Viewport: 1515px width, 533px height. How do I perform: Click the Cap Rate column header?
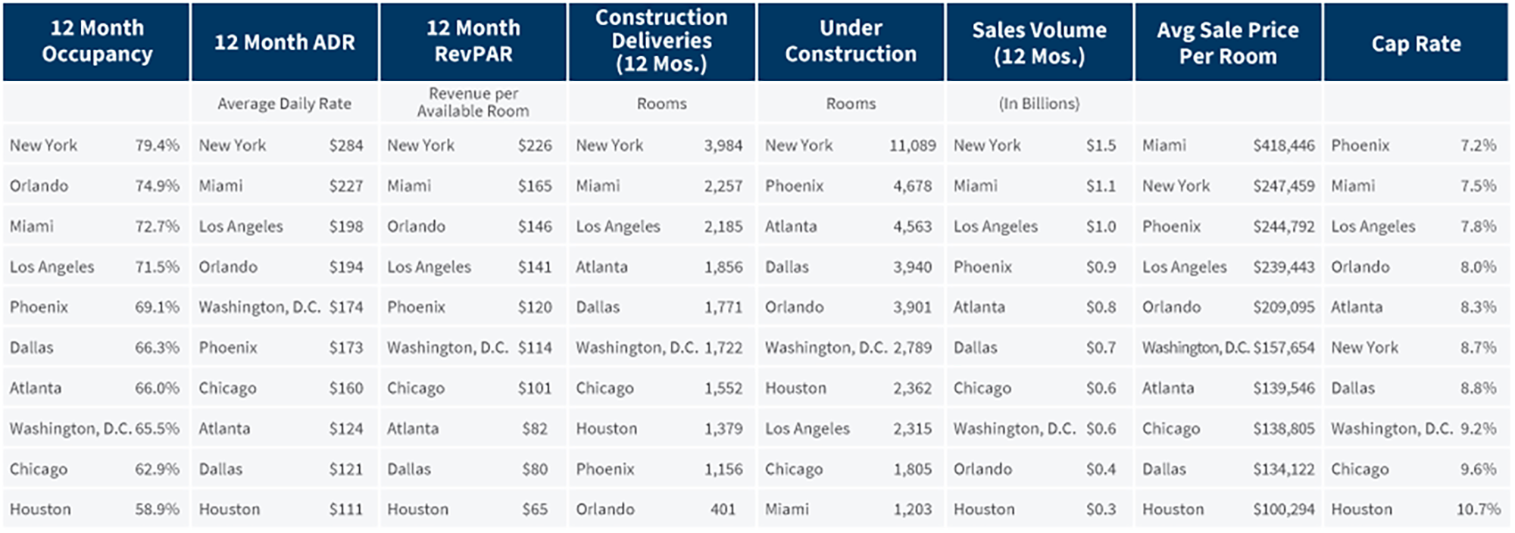click(x=1416, y=44)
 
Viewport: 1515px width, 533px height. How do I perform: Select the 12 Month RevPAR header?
click(x=473, y=41)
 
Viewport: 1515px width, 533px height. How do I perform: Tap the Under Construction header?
click(x=851, y=41)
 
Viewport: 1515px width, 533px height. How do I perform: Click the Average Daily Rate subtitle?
click(x=284, y=104)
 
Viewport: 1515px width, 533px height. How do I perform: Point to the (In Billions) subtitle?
click(x=1039, y=104)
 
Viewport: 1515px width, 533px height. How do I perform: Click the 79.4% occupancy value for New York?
click(x=157, y=145)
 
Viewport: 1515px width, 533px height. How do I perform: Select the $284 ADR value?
click(x=346, y=145)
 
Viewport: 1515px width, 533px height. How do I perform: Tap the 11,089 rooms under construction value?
click(x=912, y=145)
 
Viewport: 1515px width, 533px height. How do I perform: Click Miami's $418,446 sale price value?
click(x=1283, y=145)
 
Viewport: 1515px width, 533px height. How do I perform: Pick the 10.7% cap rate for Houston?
click(x=1478, y=510)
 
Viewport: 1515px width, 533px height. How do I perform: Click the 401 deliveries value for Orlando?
click(x=723, y=510)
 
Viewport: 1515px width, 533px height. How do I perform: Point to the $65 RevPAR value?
click(x=535, y=510)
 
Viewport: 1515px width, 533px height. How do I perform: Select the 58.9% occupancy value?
click(x=157, y=510)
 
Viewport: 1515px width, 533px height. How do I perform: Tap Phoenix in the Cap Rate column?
click(x=1360, y=145)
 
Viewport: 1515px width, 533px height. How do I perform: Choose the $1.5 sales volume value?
click(x=1101, y=145)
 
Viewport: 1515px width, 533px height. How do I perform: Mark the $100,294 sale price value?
click(x=1283, y=510)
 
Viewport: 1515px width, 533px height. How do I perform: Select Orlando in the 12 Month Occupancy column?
click(x=39, y=186)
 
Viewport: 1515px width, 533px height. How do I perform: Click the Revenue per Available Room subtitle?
click(x=473, y=102)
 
